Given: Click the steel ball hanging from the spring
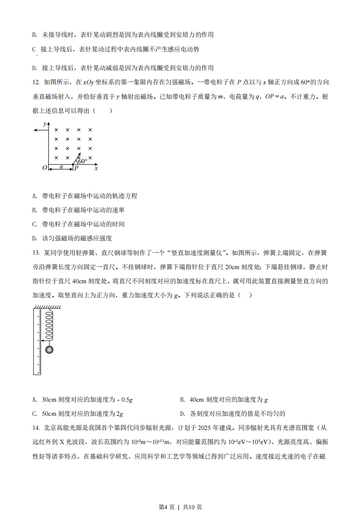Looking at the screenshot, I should pyautogui.click(x=50, y=349).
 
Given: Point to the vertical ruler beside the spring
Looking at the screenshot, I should pyautogui.click(x=37, y=342).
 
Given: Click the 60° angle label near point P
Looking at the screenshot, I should pyautogui.click(x=82, y=161).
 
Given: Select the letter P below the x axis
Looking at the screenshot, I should pyautogui.click(x=76, y=169).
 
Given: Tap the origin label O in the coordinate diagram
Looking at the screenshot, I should pyautogui.click(x=44, y=168).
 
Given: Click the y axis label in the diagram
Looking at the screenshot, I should pyautogui.click(x=45, y=124).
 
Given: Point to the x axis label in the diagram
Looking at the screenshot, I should pyautogui.click(x=96, y=169).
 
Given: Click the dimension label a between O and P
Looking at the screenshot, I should pyautogui.click(x=61, y=167).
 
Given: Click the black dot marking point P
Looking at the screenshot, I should pyautogui.click(x=73, y=164).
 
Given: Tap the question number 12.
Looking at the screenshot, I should pyautogui.click(x=36, y=82).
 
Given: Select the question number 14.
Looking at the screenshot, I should pyautogui.click(x=36, y=428).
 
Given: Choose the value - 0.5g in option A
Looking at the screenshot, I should pyautogui.click(x=122, y=400).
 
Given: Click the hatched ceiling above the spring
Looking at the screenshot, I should pyautogui.click(x=44, y=308).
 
